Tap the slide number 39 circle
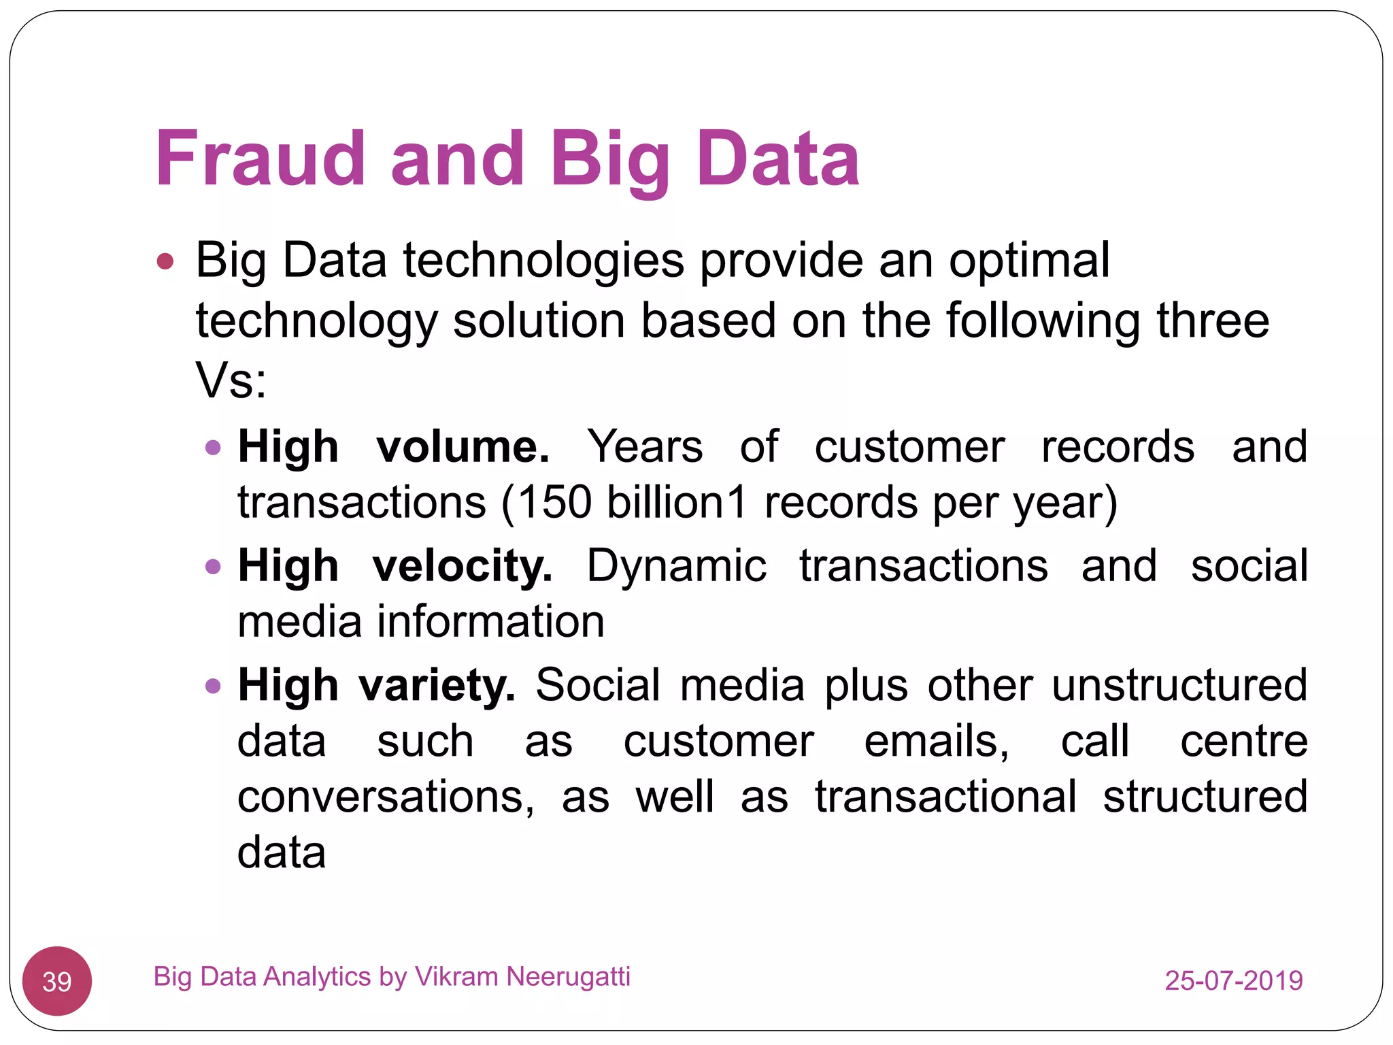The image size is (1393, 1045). [57, 981]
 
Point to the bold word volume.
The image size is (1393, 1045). [463, 447]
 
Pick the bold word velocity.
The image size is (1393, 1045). [463, 566]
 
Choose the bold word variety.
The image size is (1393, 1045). [437, 685]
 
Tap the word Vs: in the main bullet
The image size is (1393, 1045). [231, 380]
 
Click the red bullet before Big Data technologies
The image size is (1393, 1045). [165, 261]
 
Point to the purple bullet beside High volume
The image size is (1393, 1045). [213, 448]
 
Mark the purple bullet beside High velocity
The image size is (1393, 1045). [213, 567]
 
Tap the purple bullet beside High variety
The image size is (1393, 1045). [213, 686]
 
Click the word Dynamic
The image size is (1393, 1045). [676, 566]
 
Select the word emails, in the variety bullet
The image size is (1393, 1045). [937, 741]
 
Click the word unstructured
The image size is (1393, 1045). [1179, 685]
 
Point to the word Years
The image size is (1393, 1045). [645, 447]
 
